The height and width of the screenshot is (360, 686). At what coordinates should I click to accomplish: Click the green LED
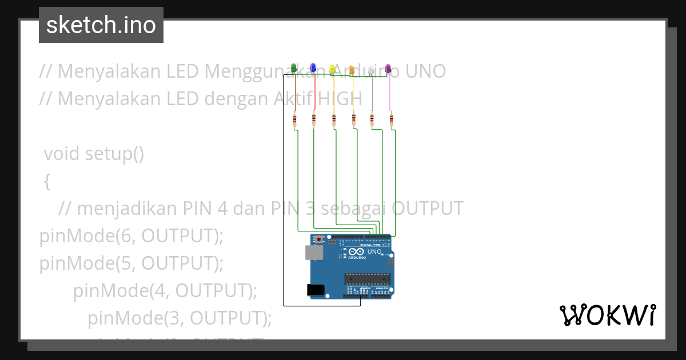pos(294,69)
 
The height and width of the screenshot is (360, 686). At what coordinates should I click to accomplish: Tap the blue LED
pos(313,69)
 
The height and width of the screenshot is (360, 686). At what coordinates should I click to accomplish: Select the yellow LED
pos(332,69)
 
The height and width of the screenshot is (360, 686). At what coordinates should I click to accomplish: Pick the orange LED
pos(352,70)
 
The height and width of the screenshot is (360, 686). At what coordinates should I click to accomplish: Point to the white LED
pos(371,70)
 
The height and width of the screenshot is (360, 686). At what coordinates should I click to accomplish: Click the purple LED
pos(388,69)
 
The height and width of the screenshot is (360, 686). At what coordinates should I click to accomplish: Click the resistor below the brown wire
pos(294,120)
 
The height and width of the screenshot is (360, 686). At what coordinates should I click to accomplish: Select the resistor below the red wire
pos(314,120)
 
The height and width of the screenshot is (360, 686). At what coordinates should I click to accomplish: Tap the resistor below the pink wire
pos(392,120)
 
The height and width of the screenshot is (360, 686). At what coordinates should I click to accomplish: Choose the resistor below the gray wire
pos(372,120)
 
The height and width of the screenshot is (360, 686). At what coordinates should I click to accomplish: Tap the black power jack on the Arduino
pos(316,290)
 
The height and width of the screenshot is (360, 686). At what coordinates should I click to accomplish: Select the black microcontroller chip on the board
pos(367,279)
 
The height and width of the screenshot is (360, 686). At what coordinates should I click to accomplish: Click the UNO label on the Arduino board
pos(374,251)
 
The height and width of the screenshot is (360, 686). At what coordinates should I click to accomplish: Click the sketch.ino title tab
pos(101,25)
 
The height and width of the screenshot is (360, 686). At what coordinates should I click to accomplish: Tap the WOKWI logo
pos(607,315)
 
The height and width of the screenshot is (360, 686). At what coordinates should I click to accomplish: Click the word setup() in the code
pos(114,154)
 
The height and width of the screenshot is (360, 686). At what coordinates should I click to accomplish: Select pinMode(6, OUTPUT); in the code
pos(131,235)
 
